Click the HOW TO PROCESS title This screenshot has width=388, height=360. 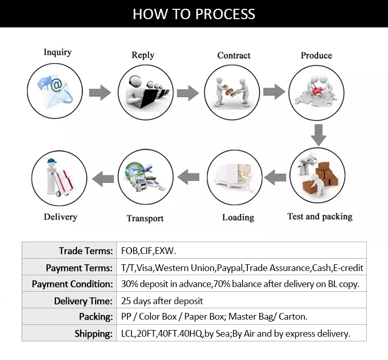(193, 13)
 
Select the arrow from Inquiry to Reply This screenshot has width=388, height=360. (100, 93)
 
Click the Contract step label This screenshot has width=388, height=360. (234, 55)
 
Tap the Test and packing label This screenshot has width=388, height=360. (320, 216)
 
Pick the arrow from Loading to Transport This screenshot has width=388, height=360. (188, 178)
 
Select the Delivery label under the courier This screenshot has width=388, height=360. (61, 217)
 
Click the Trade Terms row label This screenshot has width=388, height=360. (85, 251)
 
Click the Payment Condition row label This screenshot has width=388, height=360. (72, 284)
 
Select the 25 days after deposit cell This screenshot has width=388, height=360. (162, 301)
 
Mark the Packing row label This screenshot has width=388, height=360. (96, 317)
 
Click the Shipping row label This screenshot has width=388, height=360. (93, 334)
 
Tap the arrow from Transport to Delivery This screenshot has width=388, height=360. (103, 179)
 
